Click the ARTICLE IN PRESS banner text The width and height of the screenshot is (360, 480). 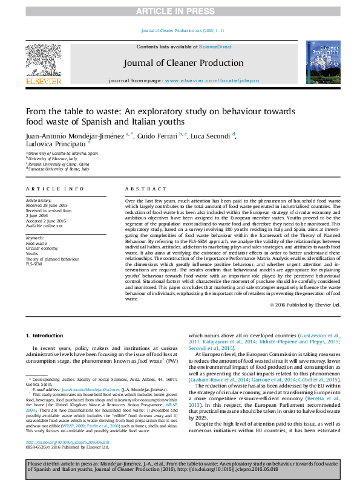tap(180, 11)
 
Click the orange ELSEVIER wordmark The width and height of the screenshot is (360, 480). tap(43, 81)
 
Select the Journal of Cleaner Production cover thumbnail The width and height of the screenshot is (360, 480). tap(322, 62)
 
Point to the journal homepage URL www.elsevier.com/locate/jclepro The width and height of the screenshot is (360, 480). tap(212, 80)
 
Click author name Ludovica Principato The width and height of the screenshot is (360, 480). tap(56, 144)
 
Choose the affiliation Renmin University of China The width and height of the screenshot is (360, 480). tap(58, 164)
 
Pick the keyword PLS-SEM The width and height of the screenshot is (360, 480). tap(34, 264)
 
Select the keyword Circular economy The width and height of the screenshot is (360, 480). tap(42, 248)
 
